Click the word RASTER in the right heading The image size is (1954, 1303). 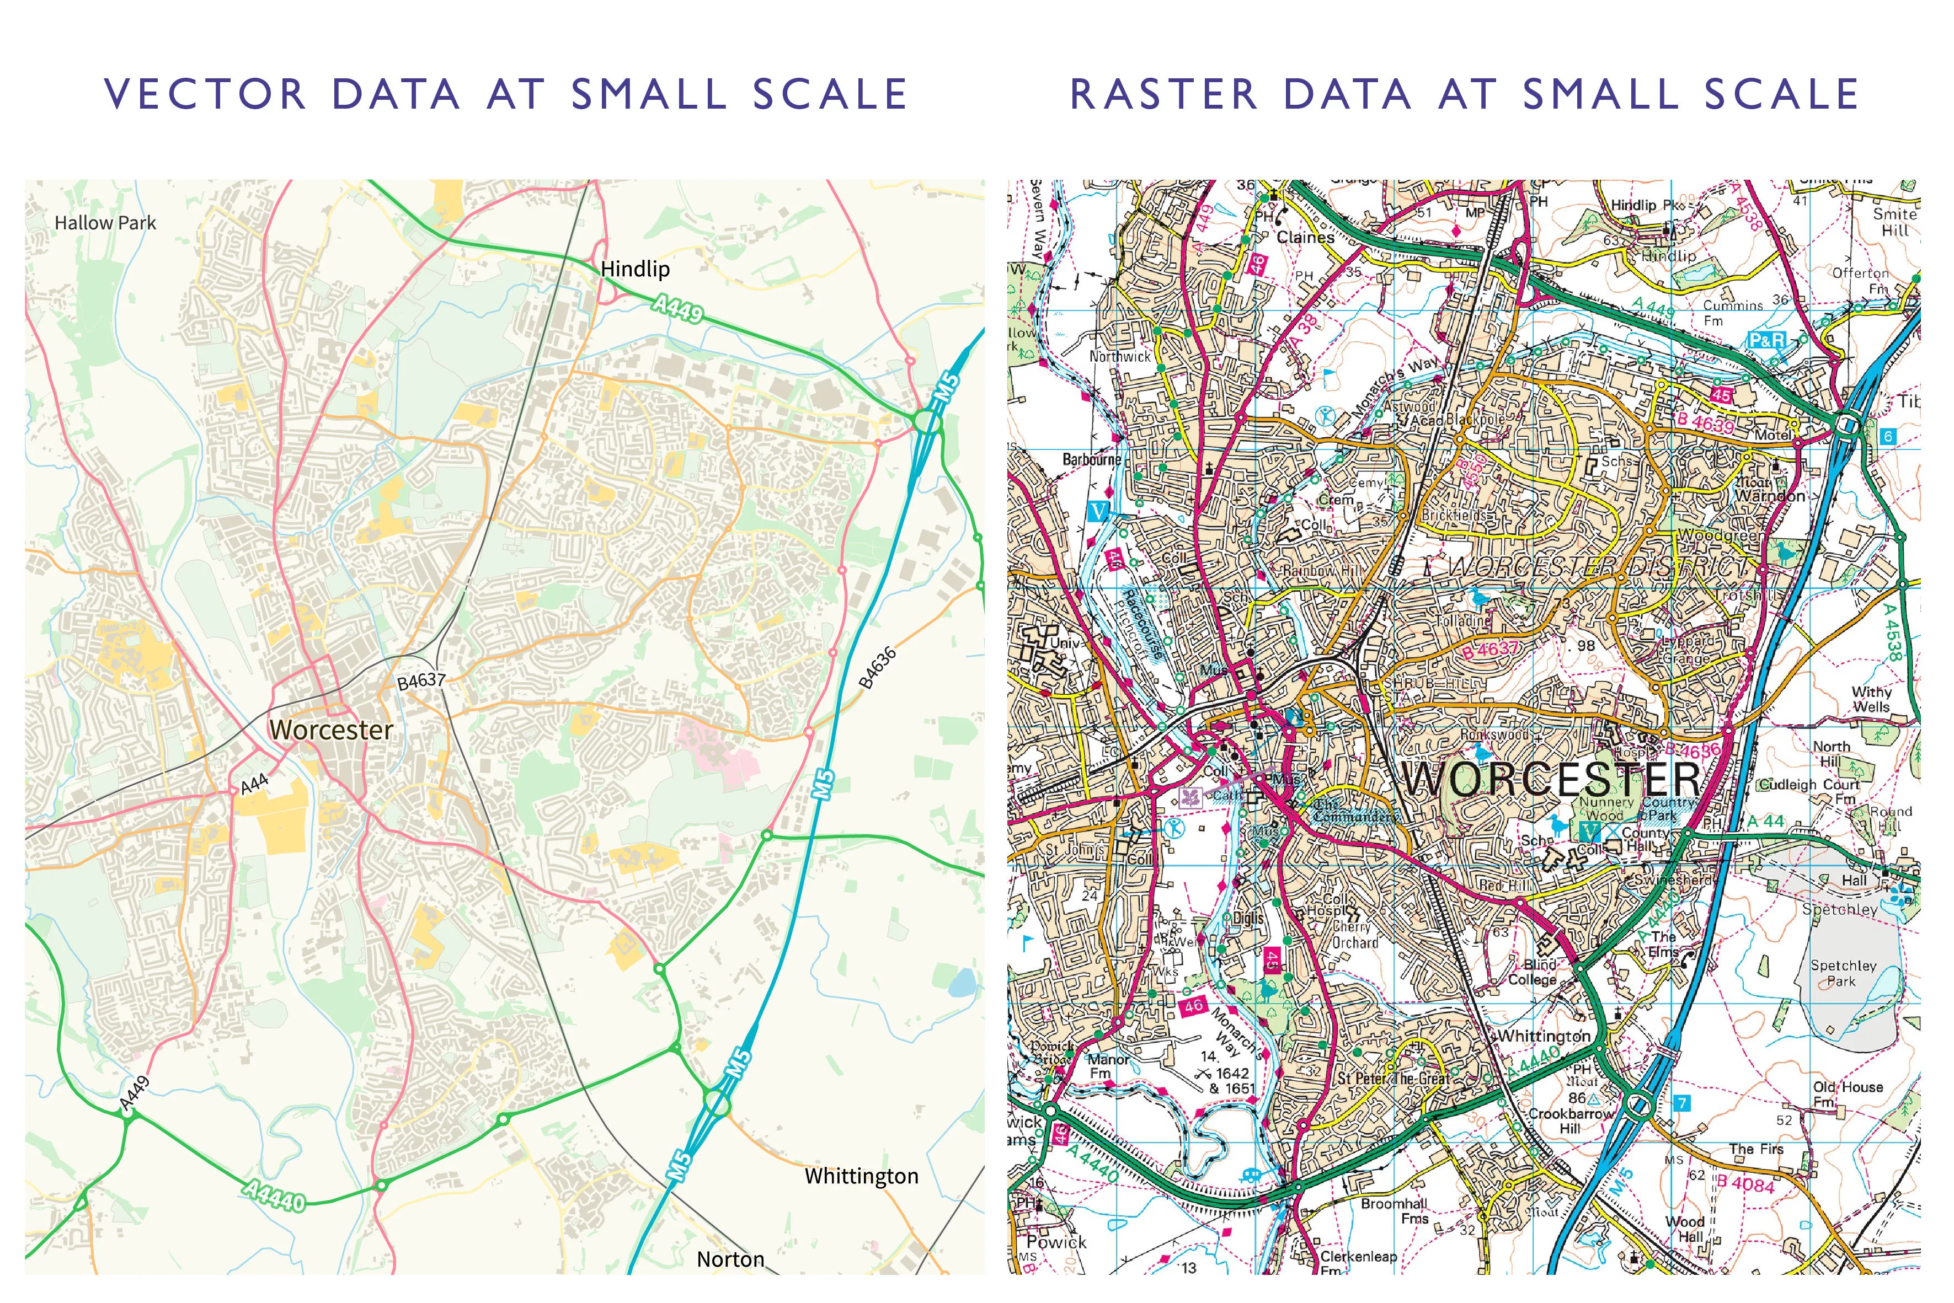(1163, 94)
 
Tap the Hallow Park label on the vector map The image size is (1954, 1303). (105, 223)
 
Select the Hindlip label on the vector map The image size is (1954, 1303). (635, 269)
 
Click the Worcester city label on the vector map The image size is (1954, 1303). (331, 730)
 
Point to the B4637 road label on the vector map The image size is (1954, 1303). (421, 680)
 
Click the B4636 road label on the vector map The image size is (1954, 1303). (878, 667)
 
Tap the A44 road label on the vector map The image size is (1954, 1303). (254, 784)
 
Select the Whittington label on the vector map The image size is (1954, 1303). (861, 1176)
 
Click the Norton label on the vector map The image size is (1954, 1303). (730, 1259)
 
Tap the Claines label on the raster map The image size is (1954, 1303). (1305, 238)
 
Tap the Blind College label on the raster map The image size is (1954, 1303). (1534, 972)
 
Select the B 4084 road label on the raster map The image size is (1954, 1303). (1745, 1183)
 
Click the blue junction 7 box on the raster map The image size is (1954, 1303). (1681, 1103)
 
